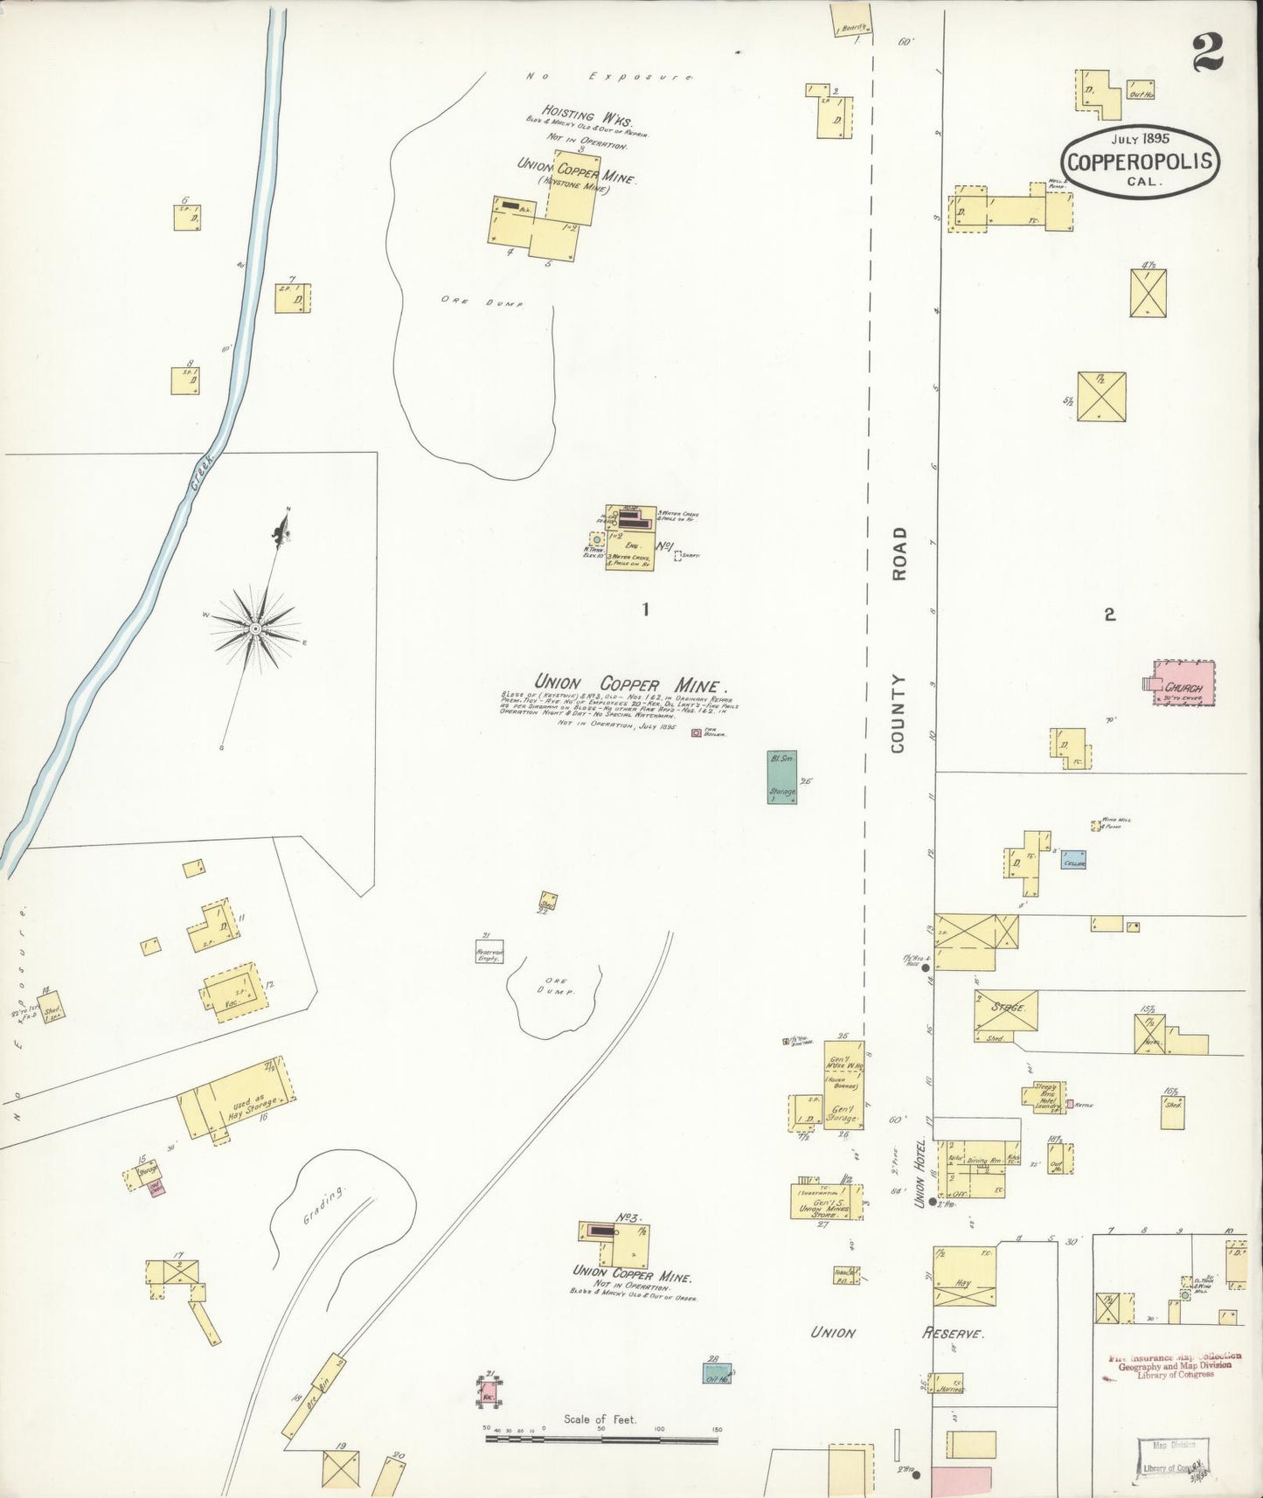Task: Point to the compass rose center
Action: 254,628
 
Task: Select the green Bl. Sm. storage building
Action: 782,777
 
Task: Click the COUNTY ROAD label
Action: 899,639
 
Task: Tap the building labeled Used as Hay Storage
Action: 236,1101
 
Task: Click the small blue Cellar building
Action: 1073,860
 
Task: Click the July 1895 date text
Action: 1141,138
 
